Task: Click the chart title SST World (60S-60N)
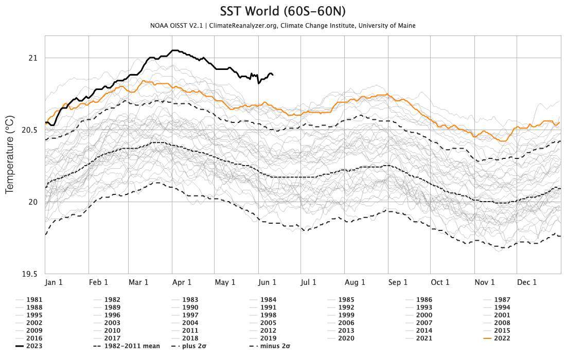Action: click(x=283, y=11)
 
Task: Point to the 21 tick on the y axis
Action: click(x=33, y=58)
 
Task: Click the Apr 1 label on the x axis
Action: click(x=182, y=282)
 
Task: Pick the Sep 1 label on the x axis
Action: click(x=397, y=282)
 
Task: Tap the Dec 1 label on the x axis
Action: click(x=526, y=282)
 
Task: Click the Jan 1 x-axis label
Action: click(x=54, y=282)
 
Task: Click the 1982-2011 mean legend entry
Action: click(x=132, y=346)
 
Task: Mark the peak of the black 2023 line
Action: click(x=174, y=50)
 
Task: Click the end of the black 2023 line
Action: click(x=273, y=75)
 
